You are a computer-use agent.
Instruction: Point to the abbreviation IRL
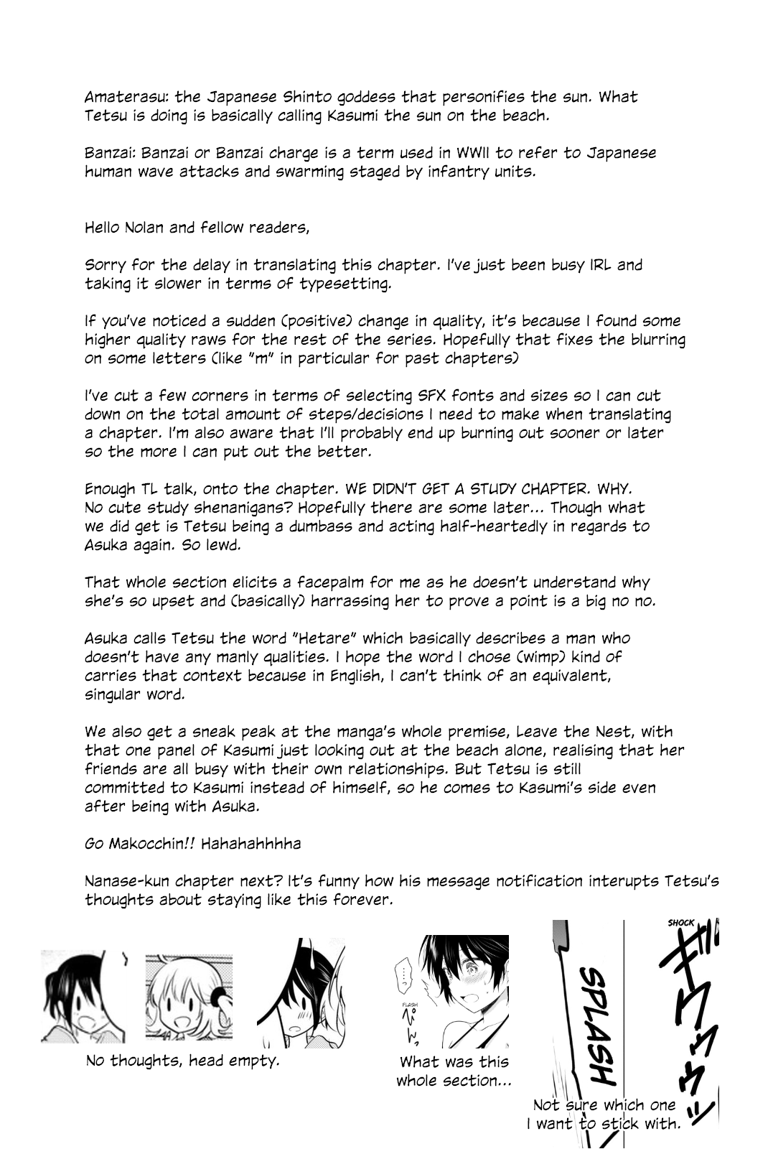click(595, 264)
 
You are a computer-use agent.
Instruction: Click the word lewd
click(251, 544)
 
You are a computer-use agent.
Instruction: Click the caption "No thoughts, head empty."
click(182, 1060)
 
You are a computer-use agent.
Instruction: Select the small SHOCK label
click(680, 923)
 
